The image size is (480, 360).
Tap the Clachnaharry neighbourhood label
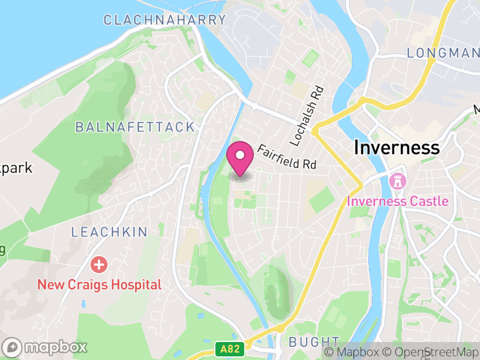[164, 20]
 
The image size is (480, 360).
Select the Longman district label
[442, 53]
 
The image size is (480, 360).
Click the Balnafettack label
[135, 127]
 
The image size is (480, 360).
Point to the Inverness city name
[397, 147]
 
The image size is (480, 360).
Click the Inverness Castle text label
[397, 201]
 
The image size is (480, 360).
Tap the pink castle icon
[397, 180]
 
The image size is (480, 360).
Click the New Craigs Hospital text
[100, 284]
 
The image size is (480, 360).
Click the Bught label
[310, 342]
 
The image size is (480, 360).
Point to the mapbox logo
[46, 347]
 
